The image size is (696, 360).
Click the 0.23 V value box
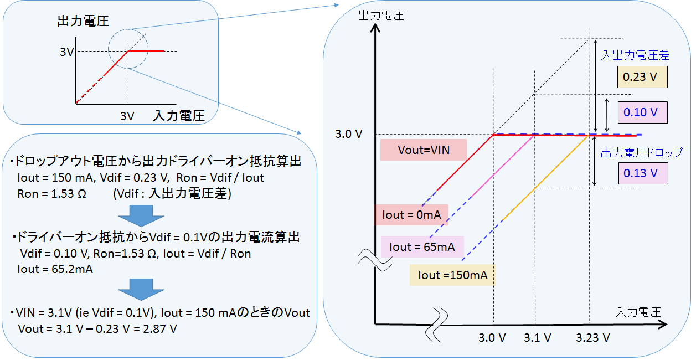[642, 77]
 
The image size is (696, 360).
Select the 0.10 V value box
[642, 112]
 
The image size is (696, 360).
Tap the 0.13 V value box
[642, 173]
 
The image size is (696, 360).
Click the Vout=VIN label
[423, 150]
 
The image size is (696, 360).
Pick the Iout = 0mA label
[411, 215]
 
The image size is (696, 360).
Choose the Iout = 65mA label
[422, 247]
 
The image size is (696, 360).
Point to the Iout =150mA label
[452, 275]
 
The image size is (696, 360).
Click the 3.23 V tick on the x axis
[592, 338]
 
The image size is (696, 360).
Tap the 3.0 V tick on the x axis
[492, 338]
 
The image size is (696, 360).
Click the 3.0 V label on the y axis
[349, 135]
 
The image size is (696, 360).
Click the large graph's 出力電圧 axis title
[381, 15]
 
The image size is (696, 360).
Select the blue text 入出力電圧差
[635, 55]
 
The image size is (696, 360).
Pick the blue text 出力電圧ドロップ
[641, 152]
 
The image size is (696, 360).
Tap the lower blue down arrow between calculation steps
[142, 289]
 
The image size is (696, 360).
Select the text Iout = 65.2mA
[55, 270]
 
